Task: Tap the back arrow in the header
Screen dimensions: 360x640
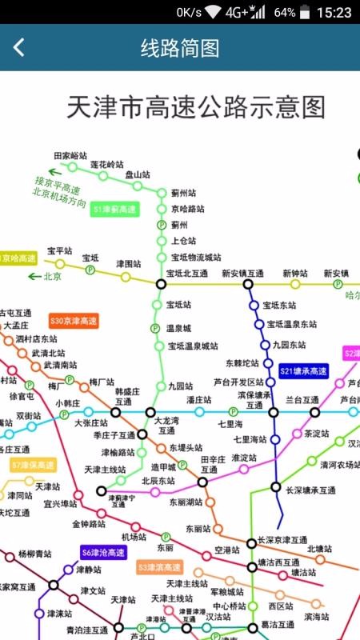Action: coord(18,47)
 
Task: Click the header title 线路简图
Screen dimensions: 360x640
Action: coord(180,47)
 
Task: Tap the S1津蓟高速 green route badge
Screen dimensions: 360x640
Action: coord(114,210)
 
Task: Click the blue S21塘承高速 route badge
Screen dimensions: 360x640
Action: coord(304,371)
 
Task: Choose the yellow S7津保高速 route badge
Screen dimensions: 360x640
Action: coord(33,465)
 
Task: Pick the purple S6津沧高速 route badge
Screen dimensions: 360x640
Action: coord(103,552)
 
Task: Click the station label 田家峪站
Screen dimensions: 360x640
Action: coord(70,155)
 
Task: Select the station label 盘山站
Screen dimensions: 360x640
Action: coord(138,174)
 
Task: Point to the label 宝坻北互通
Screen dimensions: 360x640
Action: coord(187,274)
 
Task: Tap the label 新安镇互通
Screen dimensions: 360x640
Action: coord(243,274)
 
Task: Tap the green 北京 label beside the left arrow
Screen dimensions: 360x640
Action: coord(53,277)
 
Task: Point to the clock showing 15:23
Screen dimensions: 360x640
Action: coord(334,12)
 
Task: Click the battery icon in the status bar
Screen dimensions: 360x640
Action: coord(307,12)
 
